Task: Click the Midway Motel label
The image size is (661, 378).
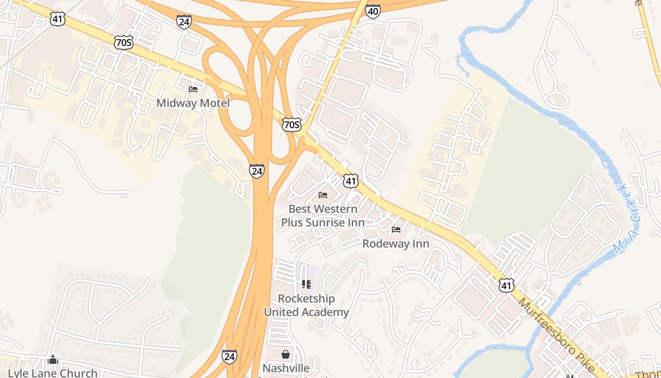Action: pos(193,103)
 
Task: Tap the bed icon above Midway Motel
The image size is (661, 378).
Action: pos(193,89)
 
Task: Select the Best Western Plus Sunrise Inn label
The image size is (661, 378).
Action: pos(323,215)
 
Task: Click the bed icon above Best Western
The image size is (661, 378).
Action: pos(323,195)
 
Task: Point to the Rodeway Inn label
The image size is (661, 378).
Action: pos(396,244)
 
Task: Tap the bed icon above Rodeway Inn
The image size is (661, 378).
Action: pos(396,230)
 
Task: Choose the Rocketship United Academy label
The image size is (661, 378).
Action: pos(306,305)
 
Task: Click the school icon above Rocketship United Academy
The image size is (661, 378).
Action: pos(306,284)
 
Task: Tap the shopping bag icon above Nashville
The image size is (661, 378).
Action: pos(286,354)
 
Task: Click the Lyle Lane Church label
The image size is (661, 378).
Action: pos(52,373)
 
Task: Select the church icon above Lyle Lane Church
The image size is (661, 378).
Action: pos(53,360)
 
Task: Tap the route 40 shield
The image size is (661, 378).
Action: pos(373,11)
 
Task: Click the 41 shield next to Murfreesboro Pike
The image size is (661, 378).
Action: pos(506,285)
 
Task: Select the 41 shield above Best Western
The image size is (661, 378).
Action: pos(351,180)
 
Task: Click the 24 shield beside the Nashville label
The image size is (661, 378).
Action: pos(229,357)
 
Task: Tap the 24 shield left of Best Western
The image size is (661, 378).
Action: pos(256,171)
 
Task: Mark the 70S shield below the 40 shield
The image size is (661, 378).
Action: pos(291,125)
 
